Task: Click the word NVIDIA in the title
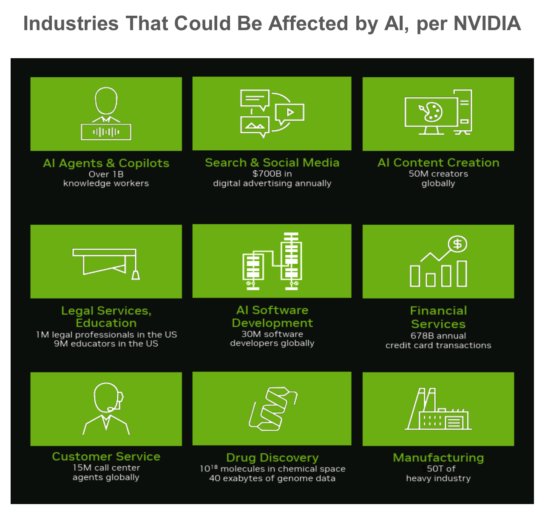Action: pos(487,24)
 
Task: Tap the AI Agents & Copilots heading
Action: pos(106,163)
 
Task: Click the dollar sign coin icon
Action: pos(457,244)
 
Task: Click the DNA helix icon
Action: pos(272,409)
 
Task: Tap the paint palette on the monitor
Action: pos(431,112)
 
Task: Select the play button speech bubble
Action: pos(290,113)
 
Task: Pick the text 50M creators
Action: pos(438,174)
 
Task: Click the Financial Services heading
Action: pos(438,317)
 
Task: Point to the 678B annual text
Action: pos(438,335)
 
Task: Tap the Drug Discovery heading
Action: pos(272,457)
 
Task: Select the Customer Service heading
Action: pos(106,456)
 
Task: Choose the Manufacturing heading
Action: pos(438,457)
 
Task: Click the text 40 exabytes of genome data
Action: pos(272,479)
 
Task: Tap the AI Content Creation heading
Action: pos(438,163)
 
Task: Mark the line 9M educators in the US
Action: pos(106,344)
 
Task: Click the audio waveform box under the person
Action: pos(106,132)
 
